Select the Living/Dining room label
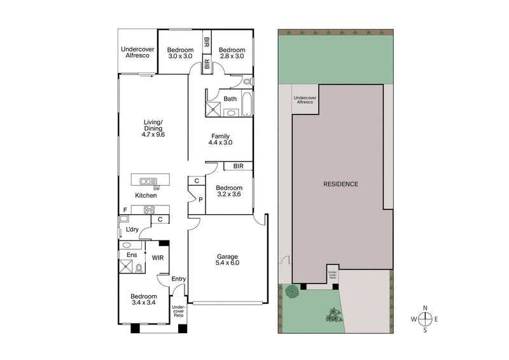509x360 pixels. point(153,128)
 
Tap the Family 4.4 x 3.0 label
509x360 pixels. point(221,139)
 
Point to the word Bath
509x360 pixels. point(230,99)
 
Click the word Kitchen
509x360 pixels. point(146,195)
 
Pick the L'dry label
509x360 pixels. point(132,229)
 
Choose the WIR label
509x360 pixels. point(158,258)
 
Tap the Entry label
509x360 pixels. point(179,279)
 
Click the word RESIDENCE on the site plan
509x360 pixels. point(341,184)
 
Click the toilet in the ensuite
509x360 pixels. point(139,268)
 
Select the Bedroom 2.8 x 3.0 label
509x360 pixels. point(232,53)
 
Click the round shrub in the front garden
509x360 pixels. point(292,292)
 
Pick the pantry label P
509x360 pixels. point(200,200)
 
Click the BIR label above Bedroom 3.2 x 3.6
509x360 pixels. point(238,166)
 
